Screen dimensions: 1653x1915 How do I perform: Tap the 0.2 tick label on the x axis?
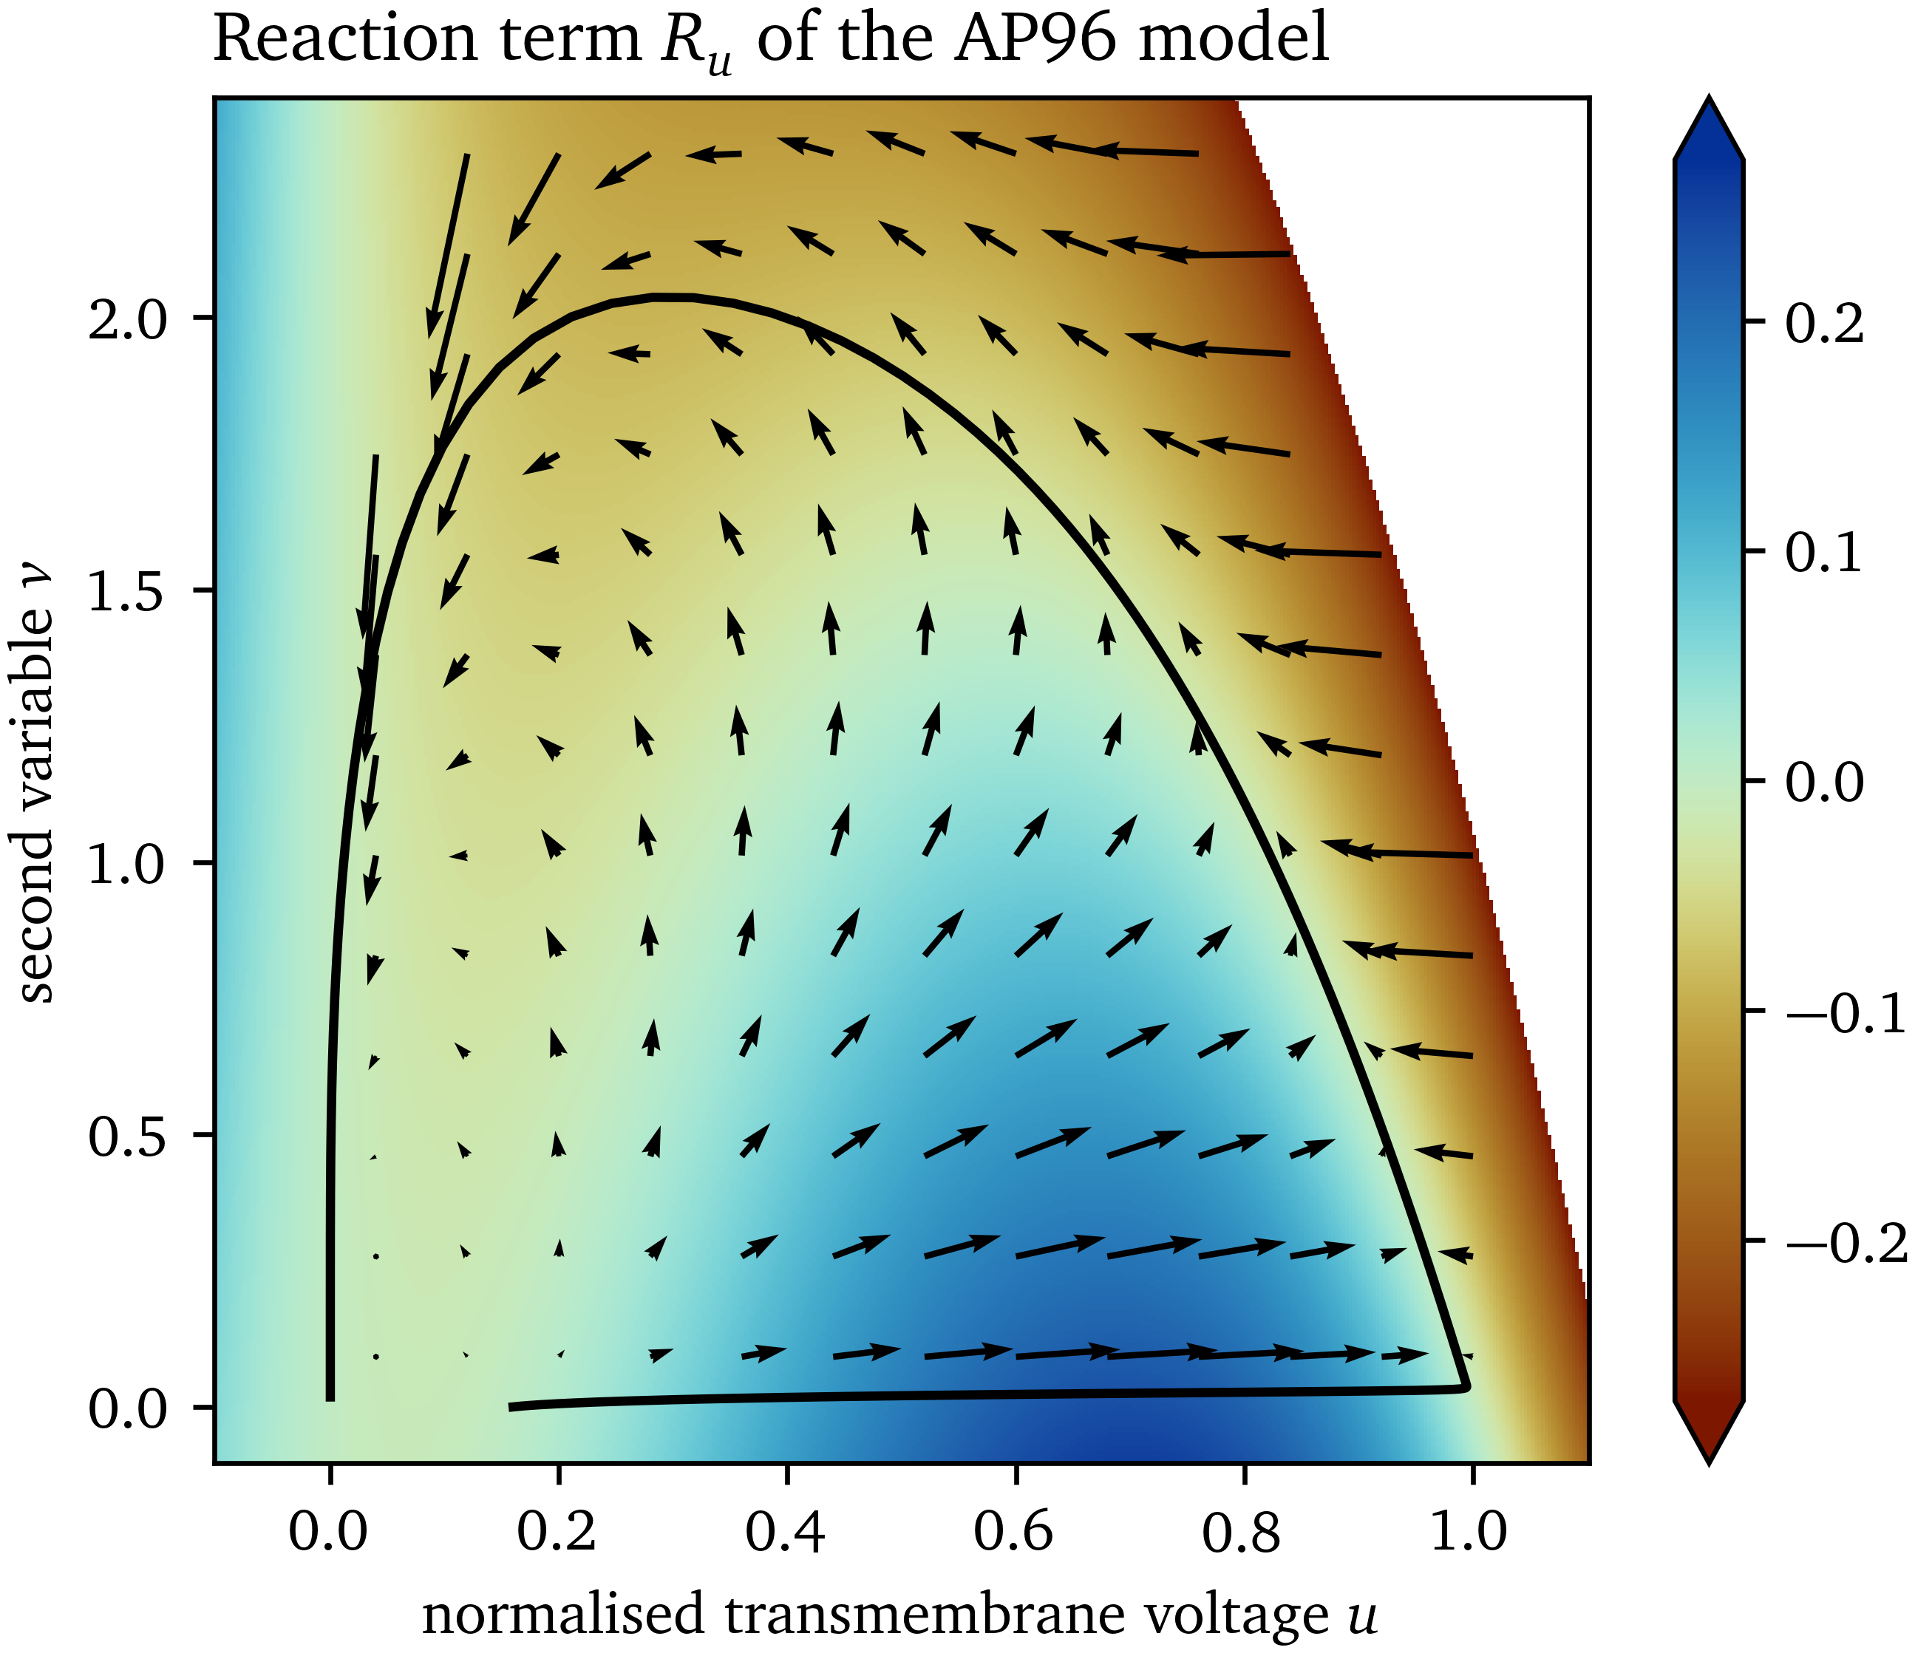tap(557, 1532)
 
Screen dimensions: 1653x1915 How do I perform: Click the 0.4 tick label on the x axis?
tap(786, 1532)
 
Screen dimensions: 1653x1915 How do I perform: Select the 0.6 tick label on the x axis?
tap(1014, 1532)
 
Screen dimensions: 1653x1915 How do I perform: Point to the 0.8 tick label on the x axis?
tap(1242, 1532)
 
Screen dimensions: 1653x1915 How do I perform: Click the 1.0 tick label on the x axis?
tap(1469, 1532)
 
